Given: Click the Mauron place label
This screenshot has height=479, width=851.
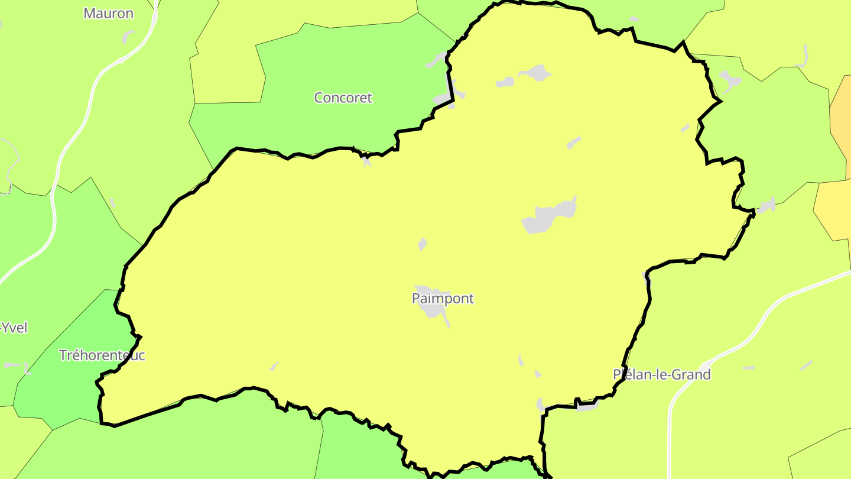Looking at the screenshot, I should [x=108, y=13].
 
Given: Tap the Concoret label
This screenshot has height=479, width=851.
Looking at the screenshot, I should [x=343, y=98].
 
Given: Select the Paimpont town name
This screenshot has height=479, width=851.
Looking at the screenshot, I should [x=443, y=298].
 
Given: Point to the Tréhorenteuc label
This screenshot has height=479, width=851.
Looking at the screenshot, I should [x=102, y=355].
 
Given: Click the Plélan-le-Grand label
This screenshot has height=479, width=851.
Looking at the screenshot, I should [x=661, y=374].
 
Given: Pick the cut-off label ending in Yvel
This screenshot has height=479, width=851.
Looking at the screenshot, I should [x=13, y=328].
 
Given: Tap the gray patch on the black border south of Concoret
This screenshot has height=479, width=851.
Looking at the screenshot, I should [x=366, y=160].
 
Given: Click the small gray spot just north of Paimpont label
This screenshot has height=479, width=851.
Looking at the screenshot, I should [x=422, y=244].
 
